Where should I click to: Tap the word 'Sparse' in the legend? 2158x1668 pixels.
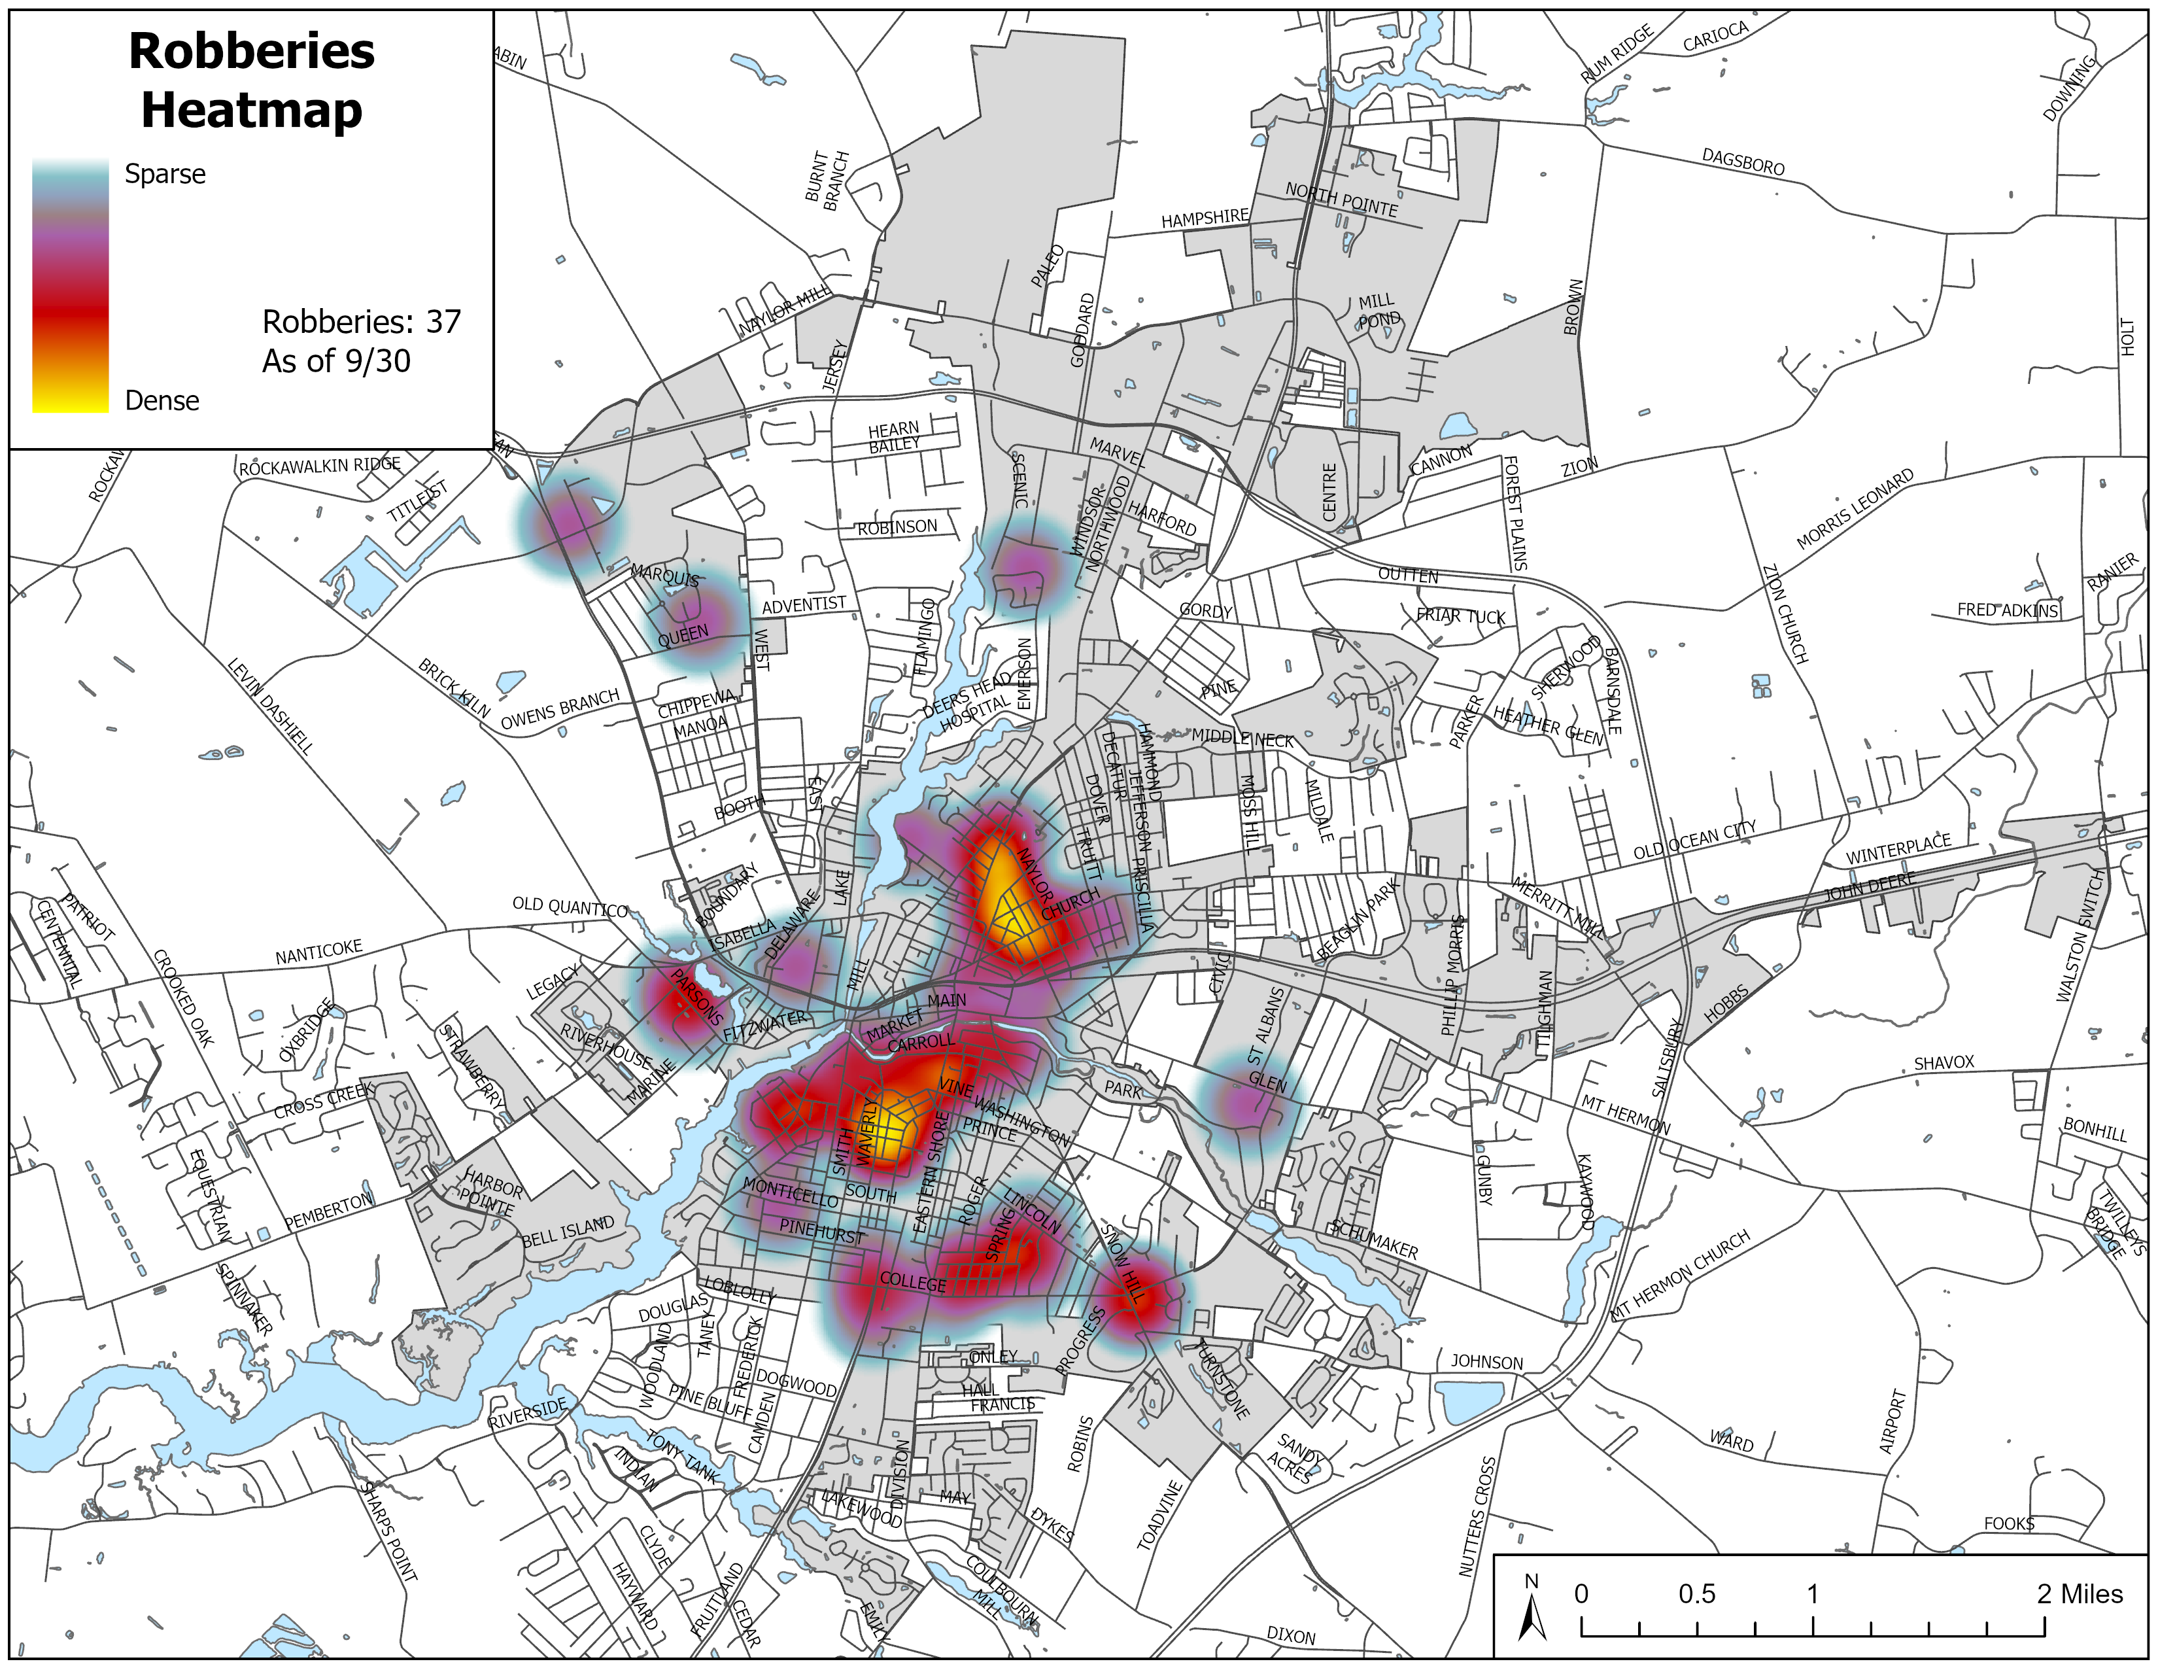[165, 174]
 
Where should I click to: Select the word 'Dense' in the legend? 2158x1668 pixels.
[162, 400]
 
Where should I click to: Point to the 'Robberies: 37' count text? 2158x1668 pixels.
[362, 321]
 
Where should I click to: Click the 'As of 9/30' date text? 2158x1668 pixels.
[336, 360]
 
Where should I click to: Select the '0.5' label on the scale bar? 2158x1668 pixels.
[1696, 1594]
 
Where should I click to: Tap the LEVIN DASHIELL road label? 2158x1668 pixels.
[271, 706]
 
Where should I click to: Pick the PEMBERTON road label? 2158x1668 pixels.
[328, 1211]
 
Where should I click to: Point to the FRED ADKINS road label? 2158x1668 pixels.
[2007, 610]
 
